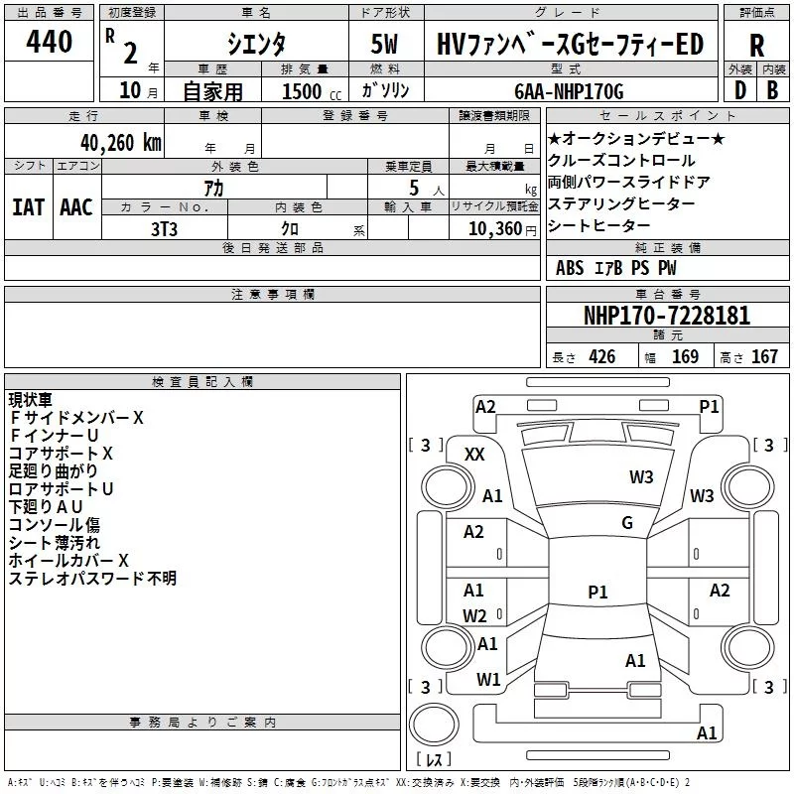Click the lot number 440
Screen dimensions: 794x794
(49, 41)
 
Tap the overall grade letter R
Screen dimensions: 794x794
(756, 45)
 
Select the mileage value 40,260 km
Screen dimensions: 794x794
(120, 143)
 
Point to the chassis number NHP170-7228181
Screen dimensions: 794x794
(667, 316)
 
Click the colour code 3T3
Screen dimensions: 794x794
(164, 229)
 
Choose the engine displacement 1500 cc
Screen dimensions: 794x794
(312, 91)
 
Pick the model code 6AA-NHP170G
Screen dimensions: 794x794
(569, 91)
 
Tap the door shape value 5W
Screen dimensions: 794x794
(384, 44)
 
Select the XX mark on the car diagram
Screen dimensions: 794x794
(474, 455)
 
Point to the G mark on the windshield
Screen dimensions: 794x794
(627, 523)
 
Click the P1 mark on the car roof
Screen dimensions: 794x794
(597, 592)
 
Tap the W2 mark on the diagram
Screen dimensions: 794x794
(474, 615)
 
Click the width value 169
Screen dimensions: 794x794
(685, 356)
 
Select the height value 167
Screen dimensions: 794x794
(764, 356)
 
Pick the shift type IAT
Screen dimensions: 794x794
(29, 207)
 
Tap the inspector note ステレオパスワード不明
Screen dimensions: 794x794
(92, 579)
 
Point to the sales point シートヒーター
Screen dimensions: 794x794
(598, 225)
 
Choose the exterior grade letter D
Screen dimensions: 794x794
(740, 90)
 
